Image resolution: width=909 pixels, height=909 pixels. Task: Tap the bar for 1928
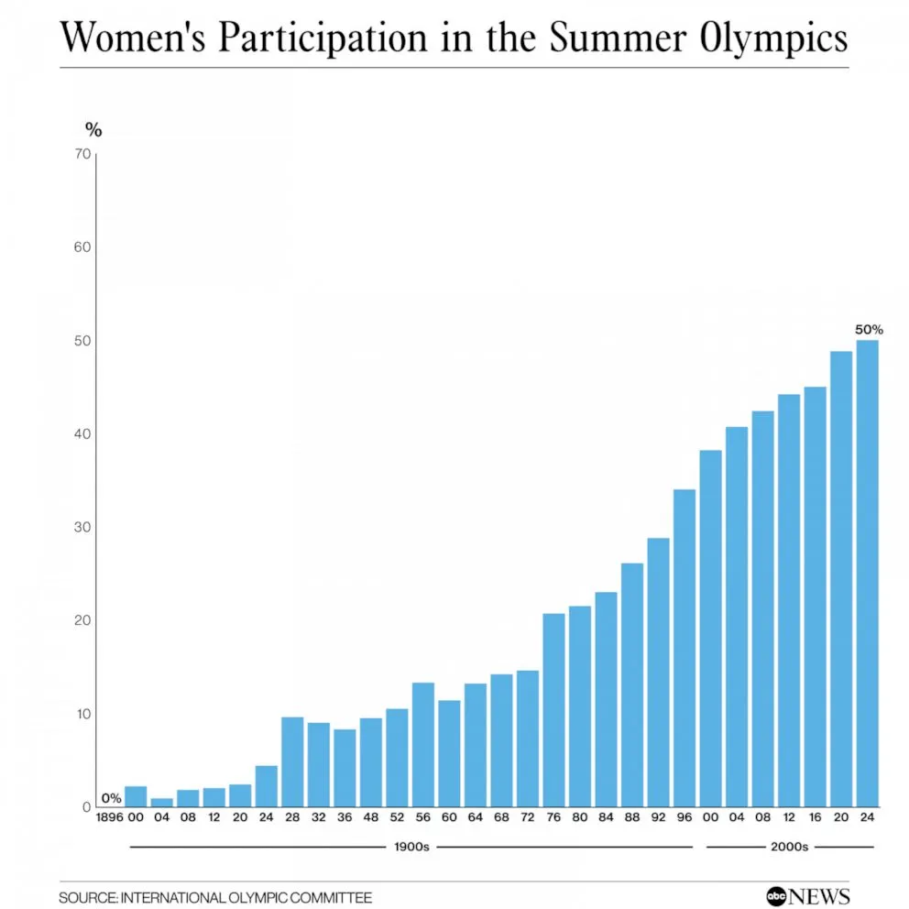(292, 761)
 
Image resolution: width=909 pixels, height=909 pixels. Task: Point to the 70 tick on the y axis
(82, 154)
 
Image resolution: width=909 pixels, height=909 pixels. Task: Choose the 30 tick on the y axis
(82, 527)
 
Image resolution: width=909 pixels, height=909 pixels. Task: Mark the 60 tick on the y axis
(82, 247)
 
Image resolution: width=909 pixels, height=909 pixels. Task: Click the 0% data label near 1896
(111, 798)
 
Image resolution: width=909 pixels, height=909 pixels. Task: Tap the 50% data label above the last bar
(869, 329)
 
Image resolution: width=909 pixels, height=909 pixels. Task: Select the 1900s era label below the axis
(411, 847)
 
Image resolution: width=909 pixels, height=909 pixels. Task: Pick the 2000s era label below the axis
(789, 847)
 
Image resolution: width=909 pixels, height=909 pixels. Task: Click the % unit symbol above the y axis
(93, 130)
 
